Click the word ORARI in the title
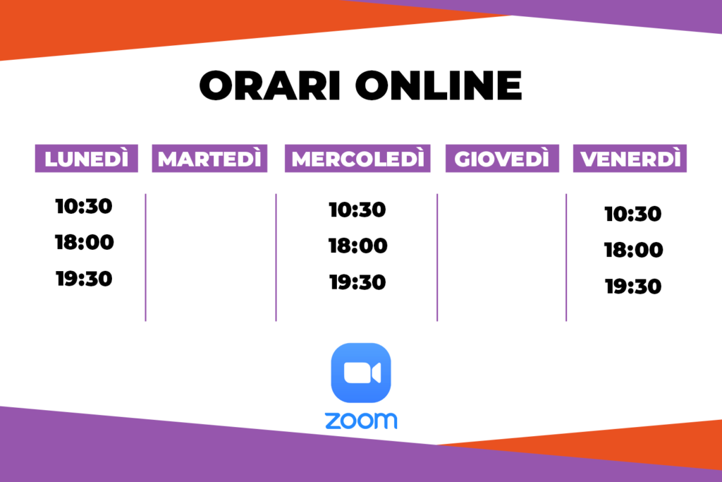click(x=270, y=85)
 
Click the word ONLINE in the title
click(x=439, y=85)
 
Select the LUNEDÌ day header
click(x=87, y=159)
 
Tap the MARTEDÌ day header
click(x=209, y=159)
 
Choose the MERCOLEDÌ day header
click(x=357, y=159)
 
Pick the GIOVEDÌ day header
click(x=502, y=159)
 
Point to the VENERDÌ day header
click(x=630, y=159)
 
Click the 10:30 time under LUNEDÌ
click(x=84, y=206)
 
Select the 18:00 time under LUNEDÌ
click(x=85, y=242)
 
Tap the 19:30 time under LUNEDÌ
click(x=85, y=279)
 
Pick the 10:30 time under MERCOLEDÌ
click(x=357, y=210)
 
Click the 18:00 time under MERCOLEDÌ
click(x=357, y=246)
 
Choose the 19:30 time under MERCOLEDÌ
click(x=357, y=282)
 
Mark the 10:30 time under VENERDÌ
click(x=633, y=214)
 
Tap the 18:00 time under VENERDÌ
click(x=634, y=250)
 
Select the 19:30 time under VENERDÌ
click(x=633, y=286)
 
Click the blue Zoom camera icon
click(x=361, y=373)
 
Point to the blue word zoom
click(x=361, y=421)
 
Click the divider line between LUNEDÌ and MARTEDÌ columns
click(x=145, y=257)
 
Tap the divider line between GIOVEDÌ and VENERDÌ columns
click(x=566, y=257)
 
